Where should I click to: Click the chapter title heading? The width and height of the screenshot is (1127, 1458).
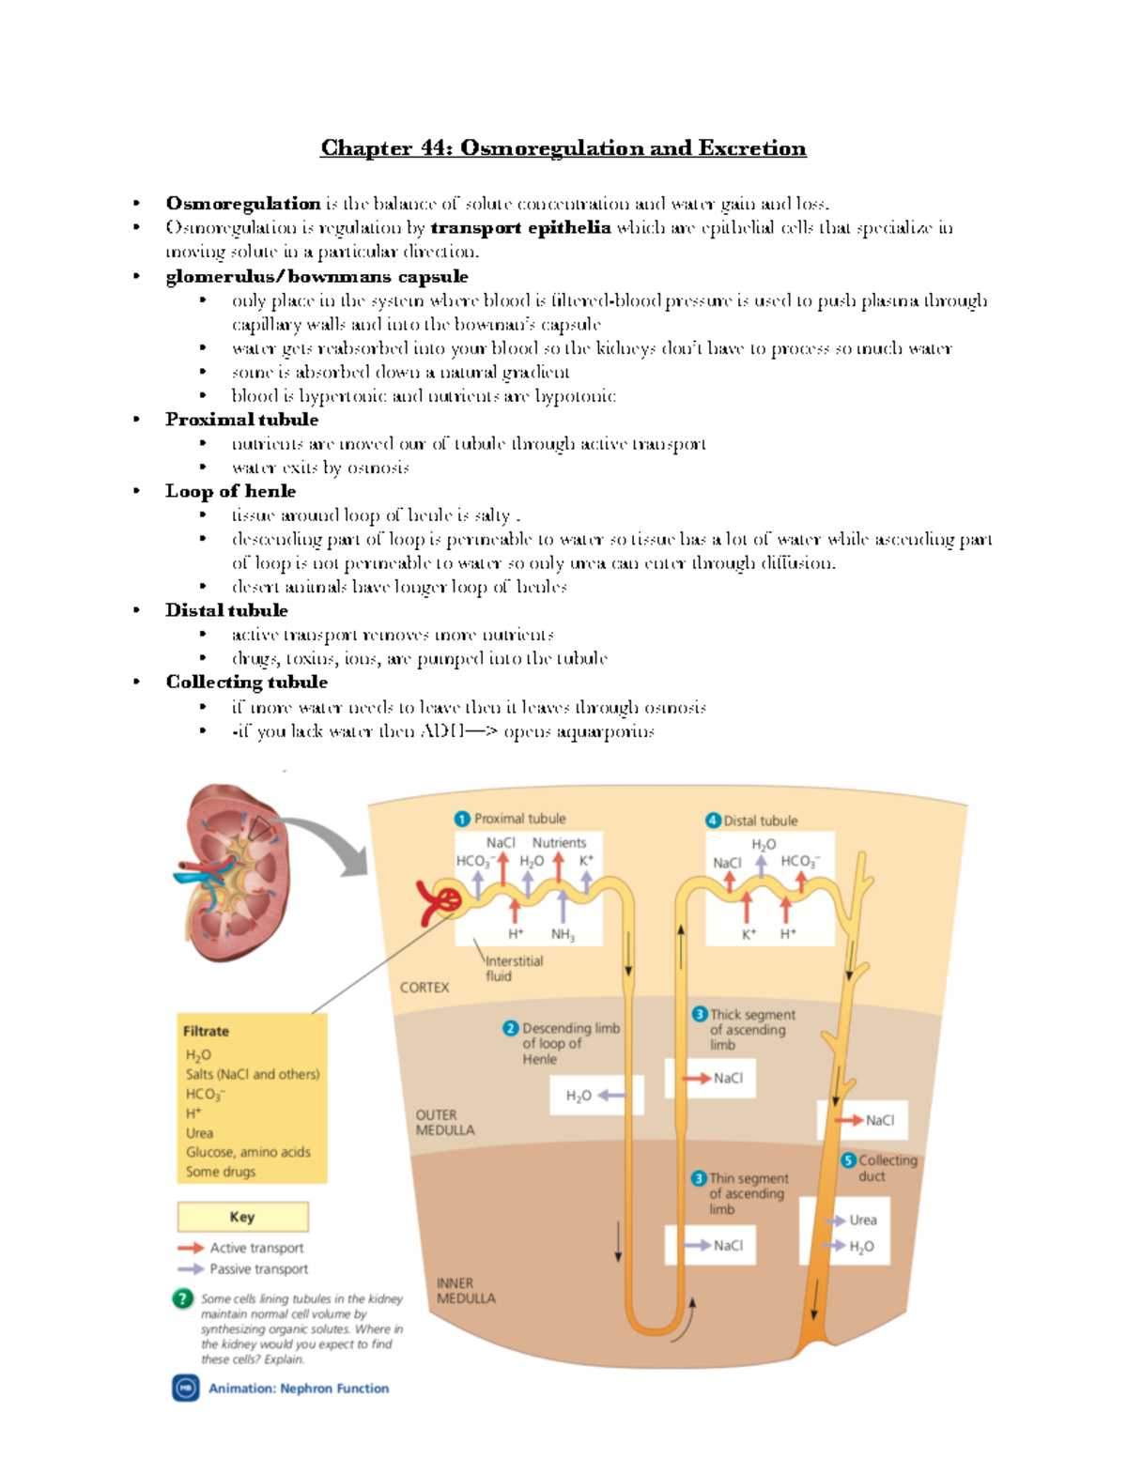[563, 148]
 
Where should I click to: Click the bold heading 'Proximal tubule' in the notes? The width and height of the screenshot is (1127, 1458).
[241, 420]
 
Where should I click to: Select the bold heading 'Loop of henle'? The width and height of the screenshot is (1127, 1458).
[230, 491]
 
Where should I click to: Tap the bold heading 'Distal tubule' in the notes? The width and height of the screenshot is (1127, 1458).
[226, 610]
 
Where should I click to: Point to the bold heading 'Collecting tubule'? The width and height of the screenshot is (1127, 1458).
[246, 682]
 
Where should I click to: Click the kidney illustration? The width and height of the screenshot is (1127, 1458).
[233, 873]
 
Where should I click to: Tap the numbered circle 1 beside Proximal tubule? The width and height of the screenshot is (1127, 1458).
[462, 819]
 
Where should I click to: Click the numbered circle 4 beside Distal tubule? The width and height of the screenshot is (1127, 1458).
[713, 821]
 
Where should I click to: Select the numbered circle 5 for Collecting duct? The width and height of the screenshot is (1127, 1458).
[848, 1160]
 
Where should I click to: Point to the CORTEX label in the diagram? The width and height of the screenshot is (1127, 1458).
[425, 988]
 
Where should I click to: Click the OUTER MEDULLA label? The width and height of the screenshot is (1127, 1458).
[444, 1123]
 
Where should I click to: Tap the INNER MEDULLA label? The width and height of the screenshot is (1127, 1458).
[466, 1291]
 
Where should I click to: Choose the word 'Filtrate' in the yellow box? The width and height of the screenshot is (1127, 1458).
[206, 1031]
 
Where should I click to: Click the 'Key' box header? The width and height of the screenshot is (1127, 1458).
[242, 1217]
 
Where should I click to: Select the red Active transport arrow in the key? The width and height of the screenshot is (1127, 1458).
[191, 1248]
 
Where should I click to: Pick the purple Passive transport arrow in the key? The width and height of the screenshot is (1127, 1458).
[191, 1269]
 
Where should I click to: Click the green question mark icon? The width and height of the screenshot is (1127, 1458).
[183, 1299]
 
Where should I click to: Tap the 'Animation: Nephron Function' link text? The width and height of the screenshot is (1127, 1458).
[298, 1389]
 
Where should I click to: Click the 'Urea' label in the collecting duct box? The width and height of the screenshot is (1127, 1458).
[862, 1220]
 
